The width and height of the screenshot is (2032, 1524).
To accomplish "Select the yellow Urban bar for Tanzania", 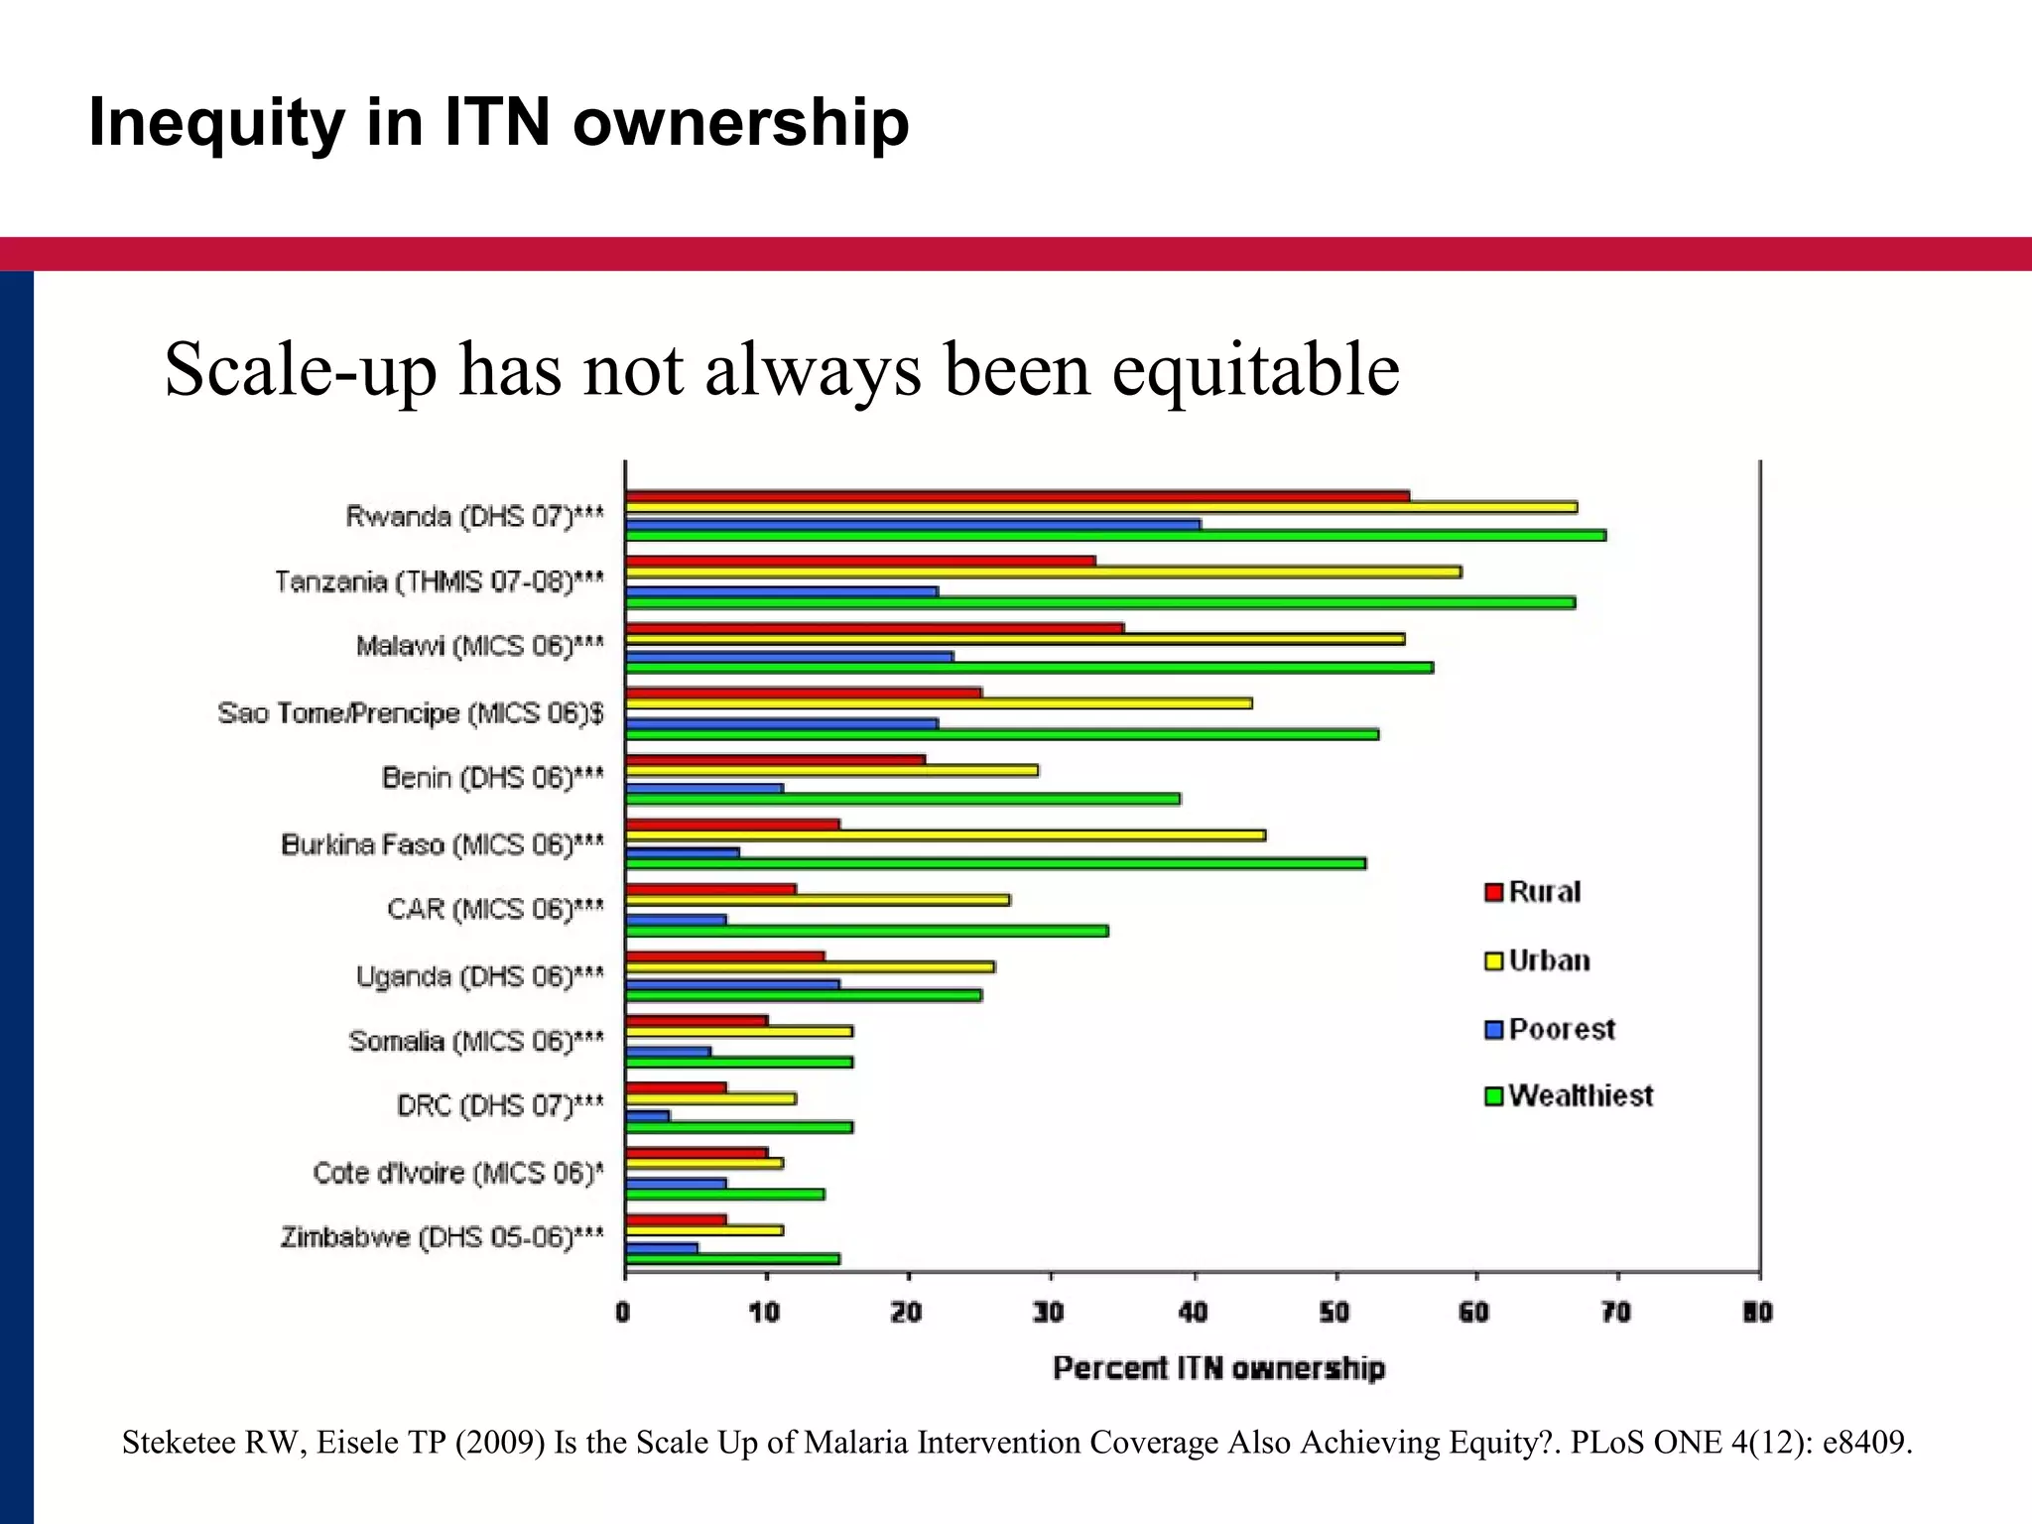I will (1042, 572).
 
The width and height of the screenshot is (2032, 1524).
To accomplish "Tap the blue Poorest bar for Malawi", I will (789, 657).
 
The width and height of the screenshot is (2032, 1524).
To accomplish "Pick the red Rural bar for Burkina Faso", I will (732, 825).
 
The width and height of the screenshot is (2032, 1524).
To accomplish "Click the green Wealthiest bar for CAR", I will (866, 931).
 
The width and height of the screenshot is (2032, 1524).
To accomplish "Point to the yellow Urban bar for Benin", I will (831, 770).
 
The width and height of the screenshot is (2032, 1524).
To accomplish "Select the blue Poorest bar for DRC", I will (647, 1116).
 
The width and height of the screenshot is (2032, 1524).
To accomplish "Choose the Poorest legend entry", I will (1549, 1030).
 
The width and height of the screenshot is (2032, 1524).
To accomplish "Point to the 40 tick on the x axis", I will (1193, 1313).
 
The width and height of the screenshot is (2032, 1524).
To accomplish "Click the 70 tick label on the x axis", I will (1616, 1313).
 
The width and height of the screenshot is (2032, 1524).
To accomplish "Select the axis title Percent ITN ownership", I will (1218, 1368).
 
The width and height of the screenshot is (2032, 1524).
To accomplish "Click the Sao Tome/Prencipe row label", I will (411, 713).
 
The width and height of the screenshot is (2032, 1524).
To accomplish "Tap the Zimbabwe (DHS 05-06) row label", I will (442, 1238).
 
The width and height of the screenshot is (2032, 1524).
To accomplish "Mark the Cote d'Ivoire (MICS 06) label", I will (457, 1174).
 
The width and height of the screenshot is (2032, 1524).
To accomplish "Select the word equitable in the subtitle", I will (1255, 370).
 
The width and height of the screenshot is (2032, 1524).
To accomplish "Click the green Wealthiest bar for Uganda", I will (804, 995).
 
